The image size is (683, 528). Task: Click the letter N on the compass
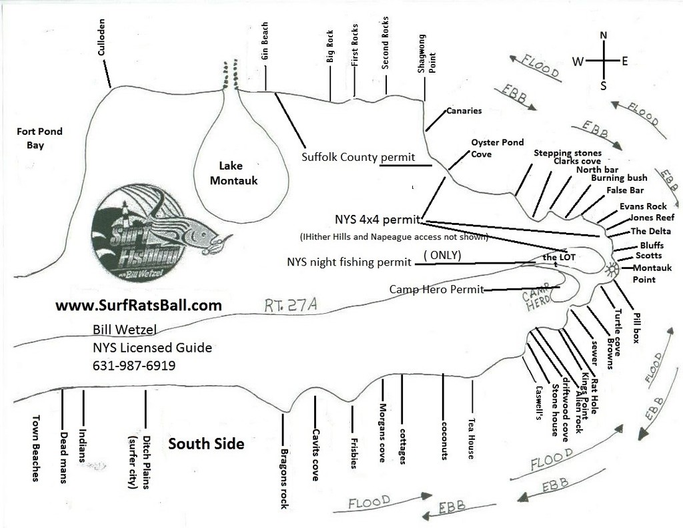[603, 36]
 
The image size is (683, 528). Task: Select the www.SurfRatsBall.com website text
[138, 306]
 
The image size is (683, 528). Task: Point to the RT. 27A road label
[290, 305]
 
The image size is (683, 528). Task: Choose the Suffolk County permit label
[358, 158]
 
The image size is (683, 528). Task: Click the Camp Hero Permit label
[436, 290]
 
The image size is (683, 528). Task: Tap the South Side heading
[206, 444]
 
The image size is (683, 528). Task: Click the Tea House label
[472, 439]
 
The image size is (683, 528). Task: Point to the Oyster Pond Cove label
[497, 148]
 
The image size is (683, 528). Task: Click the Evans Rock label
[643, 206]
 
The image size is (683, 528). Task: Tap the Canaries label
[464, 111]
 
